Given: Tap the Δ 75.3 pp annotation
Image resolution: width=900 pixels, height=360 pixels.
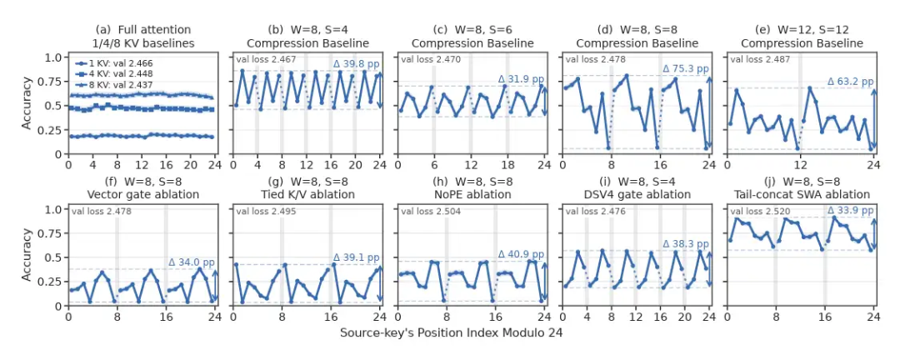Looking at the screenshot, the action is click(685, 69).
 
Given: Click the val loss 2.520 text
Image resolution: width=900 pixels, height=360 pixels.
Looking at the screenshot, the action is click(759, 212).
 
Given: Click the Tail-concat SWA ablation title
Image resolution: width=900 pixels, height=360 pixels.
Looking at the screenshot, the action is click(802, 194).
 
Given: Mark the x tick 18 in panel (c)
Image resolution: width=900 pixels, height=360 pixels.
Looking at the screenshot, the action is click(506, 164).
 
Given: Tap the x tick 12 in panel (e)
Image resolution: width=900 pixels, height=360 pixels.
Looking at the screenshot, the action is click(800, 164).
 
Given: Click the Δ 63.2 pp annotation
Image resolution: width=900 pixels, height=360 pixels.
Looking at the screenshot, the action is click(850, 82).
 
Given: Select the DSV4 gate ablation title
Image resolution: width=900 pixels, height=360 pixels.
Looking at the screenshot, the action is click(637, 194).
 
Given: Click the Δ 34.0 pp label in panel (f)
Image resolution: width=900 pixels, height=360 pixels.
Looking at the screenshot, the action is click(192, 262).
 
